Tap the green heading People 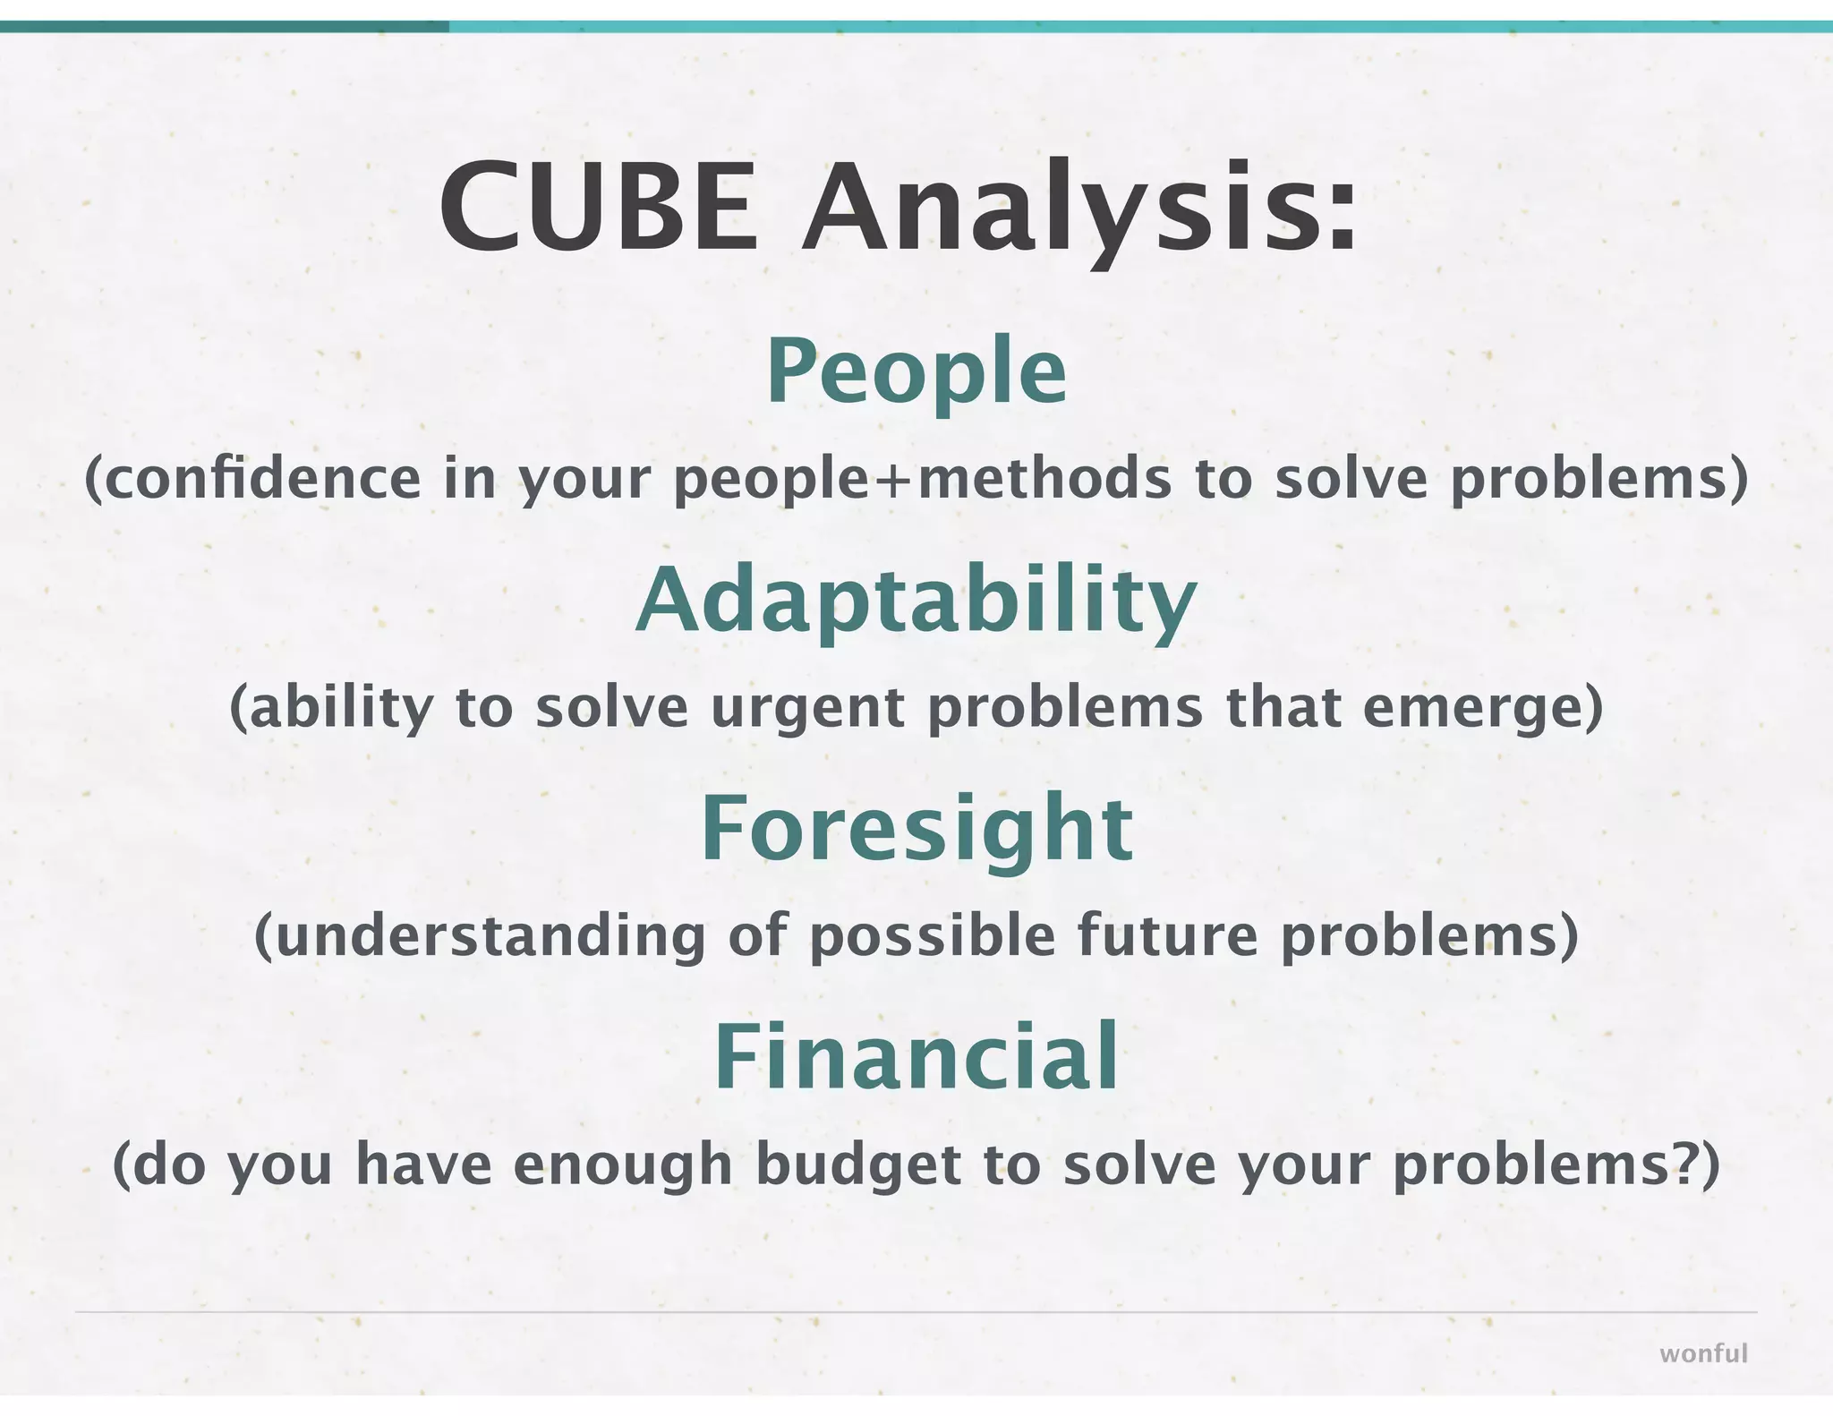(916, 371)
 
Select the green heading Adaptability (916, 601)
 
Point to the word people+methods (922, 480)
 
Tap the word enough (623, 1167)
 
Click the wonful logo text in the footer (1702, 1353)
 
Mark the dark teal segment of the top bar (224, 27)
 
